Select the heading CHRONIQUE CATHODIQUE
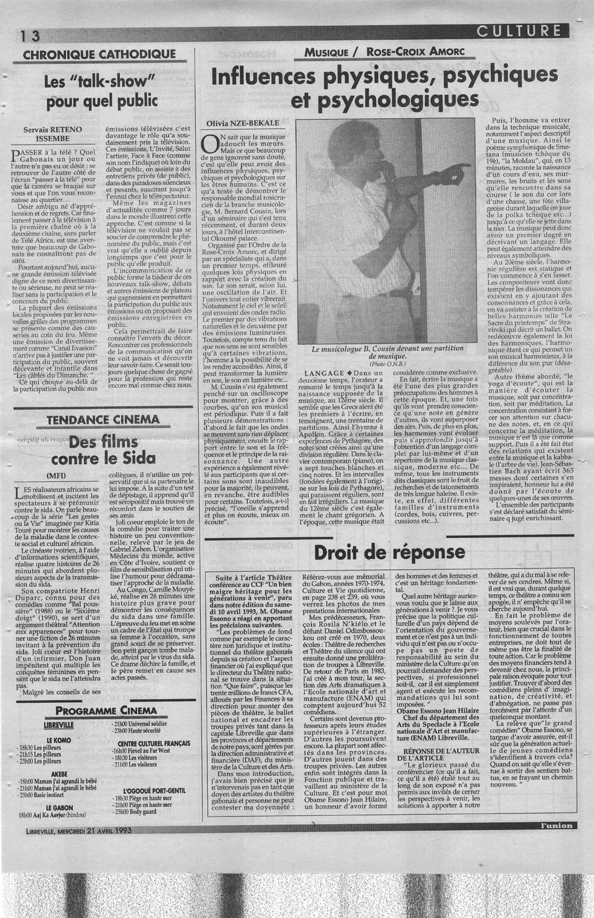coord(99,55)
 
